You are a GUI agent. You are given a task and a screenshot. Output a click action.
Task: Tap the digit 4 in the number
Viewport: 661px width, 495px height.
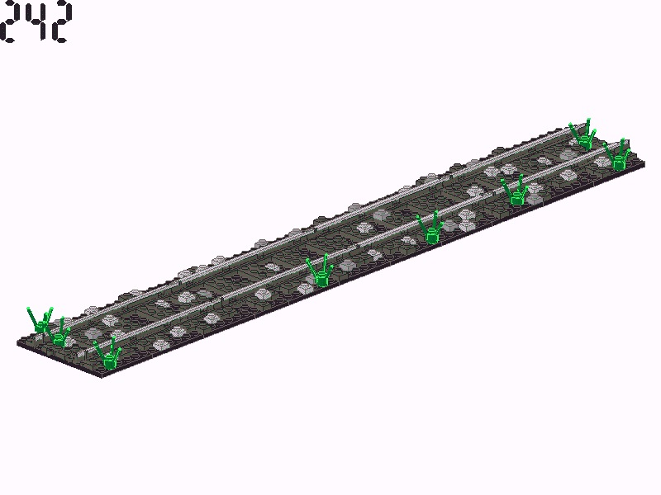click(x=35, y=22)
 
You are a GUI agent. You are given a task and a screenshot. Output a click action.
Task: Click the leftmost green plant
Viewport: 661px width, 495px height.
click(x=40, y=321)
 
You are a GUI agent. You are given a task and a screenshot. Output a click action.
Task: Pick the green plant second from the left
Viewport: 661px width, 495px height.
click(x=59, y=332)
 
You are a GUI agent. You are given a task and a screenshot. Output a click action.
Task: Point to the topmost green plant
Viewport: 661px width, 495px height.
click(x=583, y=134)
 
